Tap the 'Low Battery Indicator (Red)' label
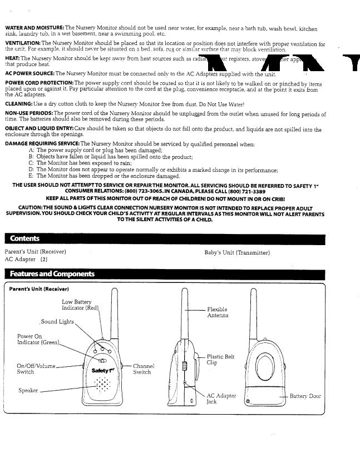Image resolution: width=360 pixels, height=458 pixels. [80, 305]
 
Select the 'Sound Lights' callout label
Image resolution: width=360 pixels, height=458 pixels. [57, 322]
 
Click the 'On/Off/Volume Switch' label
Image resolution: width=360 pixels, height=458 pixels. [36, 369]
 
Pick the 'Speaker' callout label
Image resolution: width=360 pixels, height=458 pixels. [28, 390]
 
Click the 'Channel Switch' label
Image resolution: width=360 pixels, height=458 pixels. [143, 369]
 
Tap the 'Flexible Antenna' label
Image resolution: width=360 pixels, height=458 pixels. [217, 312]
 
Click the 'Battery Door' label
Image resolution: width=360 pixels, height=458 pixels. [305, 396]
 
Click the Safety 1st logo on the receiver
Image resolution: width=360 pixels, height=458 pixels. [101, 370]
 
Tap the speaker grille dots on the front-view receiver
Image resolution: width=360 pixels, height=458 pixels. [102, 384]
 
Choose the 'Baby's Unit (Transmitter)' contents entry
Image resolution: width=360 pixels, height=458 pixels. [237, 253]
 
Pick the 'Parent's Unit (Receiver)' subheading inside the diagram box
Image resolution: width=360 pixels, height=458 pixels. [39, 289]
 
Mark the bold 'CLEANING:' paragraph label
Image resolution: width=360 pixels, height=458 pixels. [18, 103]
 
